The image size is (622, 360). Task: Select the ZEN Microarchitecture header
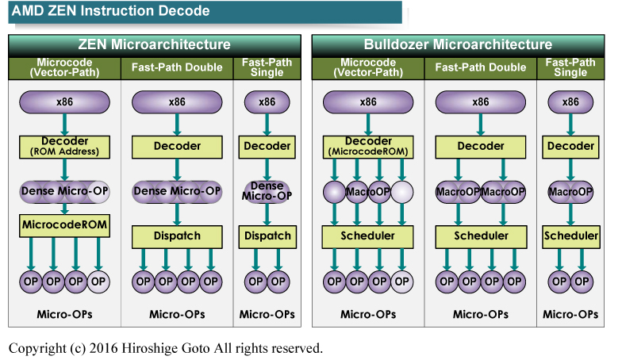[x=154, y=44]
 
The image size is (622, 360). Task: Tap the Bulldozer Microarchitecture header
[x=458, y=44]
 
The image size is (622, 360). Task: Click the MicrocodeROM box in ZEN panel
[x=64, y=225]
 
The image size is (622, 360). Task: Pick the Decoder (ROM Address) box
[x=64, y=146]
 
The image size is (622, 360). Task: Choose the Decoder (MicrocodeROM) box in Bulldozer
[x=368, y=146]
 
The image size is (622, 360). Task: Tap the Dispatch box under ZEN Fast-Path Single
[x=267, y=236]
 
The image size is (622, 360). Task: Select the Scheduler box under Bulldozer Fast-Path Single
[x=570, y=236]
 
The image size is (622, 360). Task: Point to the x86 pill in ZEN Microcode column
[x=64, y=101]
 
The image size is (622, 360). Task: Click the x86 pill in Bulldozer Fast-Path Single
[x=570, y=101]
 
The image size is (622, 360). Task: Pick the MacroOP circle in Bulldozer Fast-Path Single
[x=570, y=191]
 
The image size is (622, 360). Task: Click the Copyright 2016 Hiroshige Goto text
[x=166, y=348]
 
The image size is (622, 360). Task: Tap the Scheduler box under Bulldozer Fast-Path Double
[x=481, y=236]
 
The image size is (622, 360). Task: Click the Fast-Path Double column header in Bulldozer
[x=481, y=67]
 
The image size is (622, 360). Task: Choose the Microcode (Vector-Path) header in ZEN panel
[x=64, y=67]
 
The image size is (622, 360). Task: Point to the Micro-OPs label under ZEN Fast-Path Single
[x=267, y=314]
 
